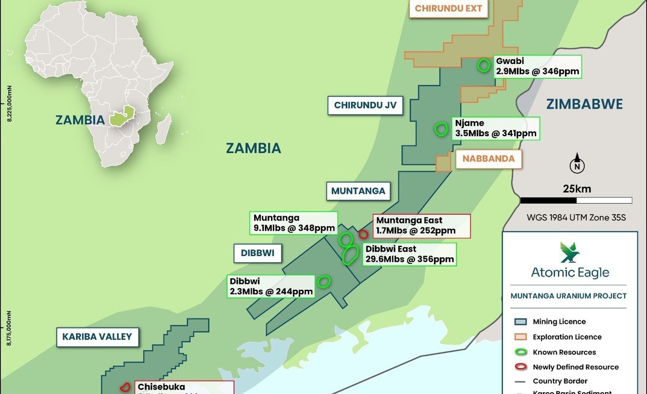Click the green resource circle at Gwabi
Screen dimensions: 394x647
coord(483,66)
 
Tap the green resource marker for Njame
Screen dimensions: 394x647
coord(442,129)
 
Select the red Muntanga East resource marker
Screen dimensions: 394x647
coord(363,234)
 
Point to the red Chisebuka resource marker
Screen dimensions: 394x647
coord(125,387)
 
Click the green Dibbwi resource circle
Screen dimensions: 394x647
coord(323,281)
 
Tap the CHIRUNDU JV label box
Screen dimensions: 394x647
coord(365,105)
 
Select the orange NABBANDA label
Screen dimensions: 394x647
coord(489,158)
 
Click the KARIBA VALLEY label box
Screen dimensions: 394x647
coord(97,337)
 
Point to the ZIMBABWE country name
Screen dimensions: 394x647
coord(584,104)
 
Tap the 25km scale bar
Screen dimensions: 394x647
coord(576,200)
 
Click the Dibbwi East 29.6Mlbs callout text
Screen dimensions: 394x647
coord(408,254)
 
